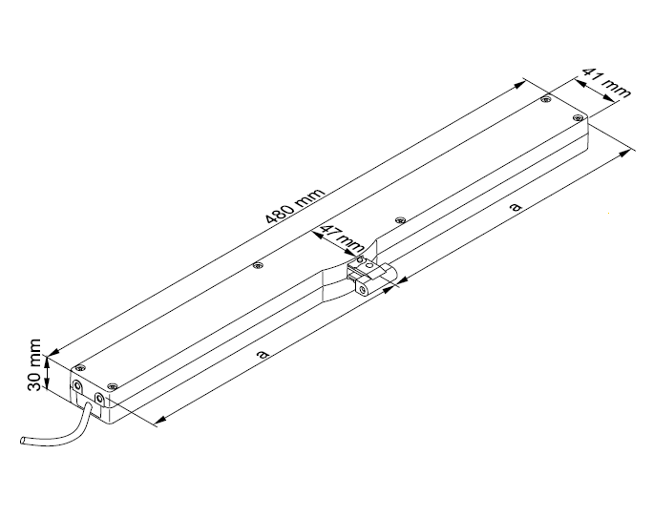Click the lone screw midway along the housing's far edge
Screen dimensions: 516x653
255,266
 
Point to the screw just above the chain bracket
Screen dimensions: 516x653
360,259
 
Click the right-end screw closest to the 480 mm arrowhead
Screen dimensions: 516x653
545,99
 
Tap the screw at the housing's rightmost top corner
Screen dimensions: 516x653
578,117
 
